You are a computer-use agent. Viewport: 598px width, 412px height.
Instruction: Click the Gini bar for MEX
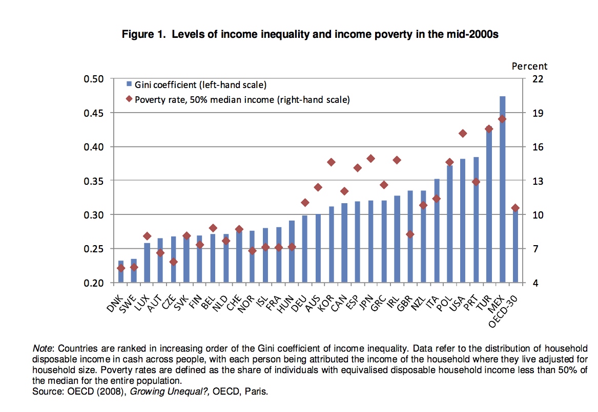tap(502, 189)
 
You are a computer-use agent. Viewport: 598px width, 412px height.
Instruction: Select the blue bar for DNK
tap(121, 272)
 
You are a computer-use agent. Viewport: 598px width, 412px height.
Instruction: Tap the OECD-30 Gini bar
tap(515, 246)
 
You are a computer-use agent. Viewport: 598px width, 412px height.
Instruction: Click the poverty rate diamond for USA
tap(463, 134)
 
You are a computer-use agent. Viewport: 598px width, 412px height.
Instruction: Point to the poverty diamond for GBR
tap(410, 234)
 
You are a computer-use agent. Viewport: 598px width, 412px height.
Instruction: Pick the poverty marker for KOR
tap(331, 162)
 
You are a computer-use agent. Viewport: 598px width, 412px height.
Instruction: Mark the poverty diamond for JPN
tap(371, 159)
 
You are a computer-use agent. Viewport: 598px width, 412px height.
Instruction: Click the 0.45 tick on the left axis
tap(94, 113)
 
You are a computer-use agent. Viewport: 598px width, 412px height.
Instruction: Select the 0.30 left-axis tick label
tap(94, 215)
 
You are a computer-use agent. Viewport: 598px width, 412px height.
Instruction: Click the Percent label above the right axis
tap(530, 66)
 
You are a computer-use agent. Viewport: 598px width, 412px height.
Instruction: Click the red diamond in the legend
tap(130, 99)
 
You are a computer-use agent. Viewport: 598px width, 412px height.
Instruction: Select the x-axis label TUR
tap(483, 299)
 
